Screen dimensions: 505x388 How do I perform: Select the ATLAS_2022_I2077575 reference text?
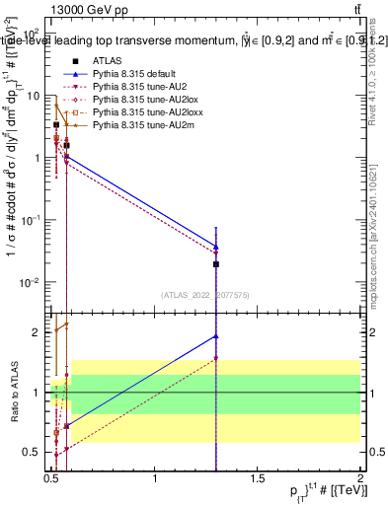pyautogui.click(x=204, y=294)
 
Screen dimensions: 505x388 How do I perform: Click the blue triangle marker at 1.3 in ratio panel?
pyautogui.click(x=216, y=336)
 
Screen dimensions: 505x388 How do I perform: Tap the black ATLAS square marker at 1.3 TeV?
pyautogui.click(x=216, y=264)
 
